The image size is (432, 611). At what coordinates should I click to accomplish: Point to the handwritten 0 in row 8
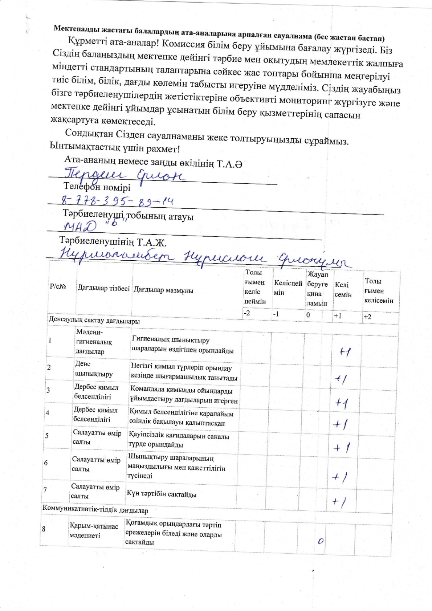(321, 541)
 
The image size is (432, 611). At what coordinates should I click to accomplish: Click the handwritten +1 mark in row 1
(345, 351)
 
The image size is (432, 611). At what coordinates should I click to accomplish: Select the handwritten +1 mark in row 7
(339, 502)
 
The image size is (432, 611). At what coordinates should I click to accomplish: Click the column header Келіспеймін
(288, 288)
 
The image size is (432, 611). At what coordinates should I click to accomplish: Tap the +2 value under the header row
(367, 317)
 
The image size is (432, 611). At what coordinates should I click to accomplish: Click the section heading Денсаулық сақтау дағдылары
(94, 321)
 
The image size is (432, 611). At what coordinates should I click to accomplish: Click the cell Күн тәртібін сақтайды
(162, 494)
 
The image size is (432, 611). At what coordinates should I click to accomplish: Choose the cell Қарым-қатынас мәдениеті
(94, 531)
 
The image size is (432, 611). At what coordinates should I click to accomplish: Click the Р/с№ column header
(58, 286)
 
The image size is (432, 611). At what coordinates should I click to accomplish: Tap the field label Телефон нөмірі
(97, 187)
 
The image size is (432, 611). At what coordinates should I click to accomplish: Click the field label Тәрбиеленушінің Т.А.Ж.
(113, 241)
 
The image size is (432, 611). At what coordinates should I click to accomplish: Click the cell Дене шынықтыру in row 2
(93, 369)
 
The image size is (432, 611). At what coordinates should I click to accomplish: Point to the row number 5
(46, 435)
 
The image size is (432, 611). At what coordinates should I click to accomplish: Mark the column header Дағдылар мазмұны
(163, 290)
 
